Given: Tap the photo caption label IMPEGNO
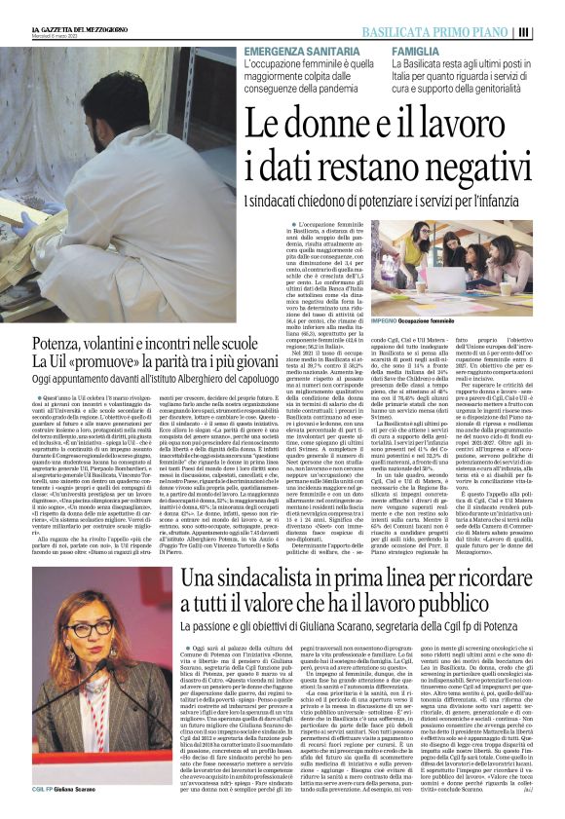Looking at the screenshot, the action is [x=387, y=319].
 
